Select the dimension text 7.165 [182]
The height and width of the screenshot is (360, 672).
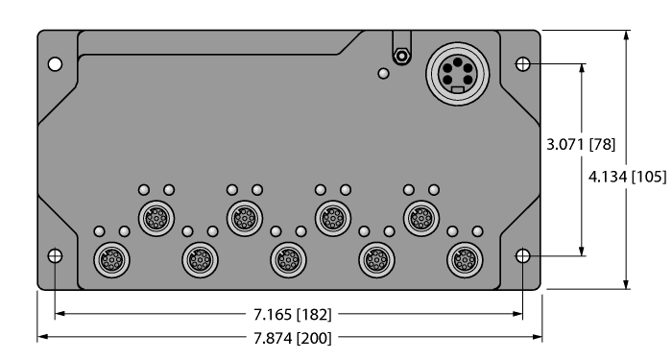pyautogui.click(x=289, y=313)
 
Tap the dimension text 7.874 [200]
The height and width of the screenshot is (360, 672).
pyautogui.click(x=289, y=338)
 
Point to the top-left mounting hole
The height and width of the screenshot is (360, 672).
pyautogui.click(x=56, y=64)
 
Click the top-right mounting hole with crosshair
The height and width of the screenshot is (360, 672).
pyautogui.click(x=522, y=64)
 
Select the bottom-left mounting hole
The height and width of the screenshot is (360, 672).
pyautogui.click(x=56, y=256)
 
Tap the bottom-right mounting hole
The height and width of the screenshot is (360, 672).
pyautogui.click(x=522, y=256)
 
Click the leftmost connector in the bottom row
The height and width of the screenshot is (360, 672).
pyautogui.click(x=108, y=258)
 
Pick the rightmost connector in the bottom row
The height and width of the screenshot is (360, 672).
pyautogui.click(x=466, y=258)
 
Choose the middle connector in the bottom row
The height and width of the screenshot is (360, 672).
pyautogui.click(x=287, y=258)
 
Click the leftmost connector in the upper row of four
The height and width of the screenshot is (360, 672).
pyautogui.click(x=155, y=217)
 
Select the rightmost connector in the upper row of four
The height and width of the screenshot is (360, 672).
pyautogui.click(x=420, y=217)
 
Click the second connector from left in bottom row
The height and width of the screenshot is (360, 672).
pyautogui.click(x=198, y=258)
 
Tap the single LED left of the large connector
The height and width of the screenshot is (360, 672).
pyautogui.click(x=383, y=74)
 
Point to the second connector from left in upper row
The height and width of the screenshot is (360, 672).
pyautogui.click(x=243, y=217)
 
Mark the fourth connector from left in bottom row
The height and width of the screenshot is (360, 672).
pyautogui.click(x=375, y=258)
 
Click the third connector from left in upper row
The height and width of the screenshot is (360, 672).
pyautogui.click(x=331, y=217)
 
